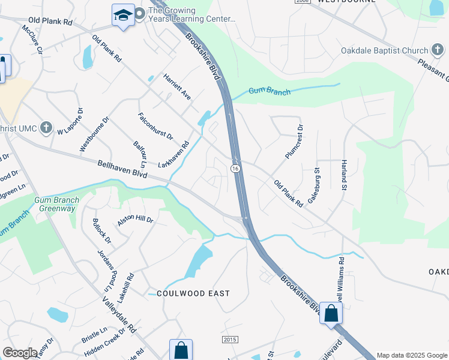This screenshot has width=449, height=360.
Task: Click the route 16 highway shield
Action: (x=237, y=169)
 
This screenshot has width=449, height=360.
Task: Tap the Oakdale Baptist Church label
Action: (x=384, y=51)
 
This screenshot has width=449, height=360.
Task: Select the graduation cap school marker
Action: (x=123, y=16)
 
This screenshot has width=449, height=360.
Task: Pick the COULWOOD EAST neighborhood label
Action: (x=193, y=293)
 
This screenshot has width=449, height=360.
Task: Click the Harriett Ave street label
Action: (x=176, y=87)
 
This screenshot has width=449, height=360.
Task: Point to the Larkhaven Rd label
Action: (x=173, y=155)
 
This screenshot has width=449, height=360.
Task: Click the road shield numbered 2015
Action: (x=231, y=340)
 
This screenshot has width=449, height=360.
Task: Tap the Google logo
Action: (x=20, y=352)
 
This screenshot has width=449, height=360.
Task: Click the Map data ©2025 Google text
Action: (x=411, y=355)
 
